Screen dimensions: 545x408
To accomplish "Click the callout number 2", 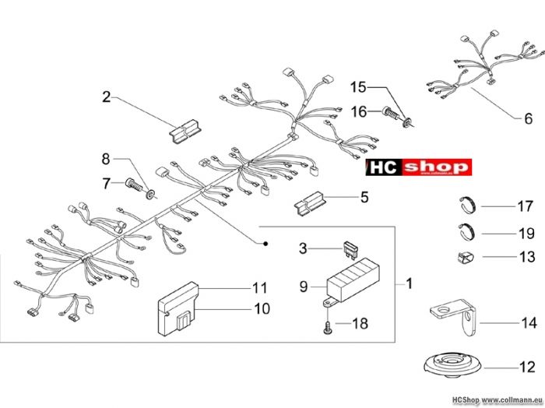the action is pyautogui.click(x=107, y=97).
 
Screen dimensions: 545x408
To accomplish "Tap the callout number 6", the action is pyautogui.click(x=528, y=118).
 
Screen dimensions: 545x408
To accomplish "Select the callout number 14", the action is pyautogui.click(x=529, y=323).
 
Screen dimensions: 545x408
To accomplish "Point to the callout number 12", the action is pyautogui.click(x=527, y=367).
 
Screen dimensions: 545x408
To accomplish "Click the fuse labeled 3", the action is pyautogui.click(x=350, y=249).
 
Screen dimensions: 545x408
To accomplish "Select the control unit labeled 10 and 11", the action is pyautogui.click(x=178, y=309).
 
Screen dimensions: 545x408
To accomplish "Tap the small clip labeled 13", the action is pyautogui.click(x=466, y=258).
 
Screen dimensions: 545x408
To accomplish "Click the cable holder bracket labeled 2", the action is pyautogui.click(x=185, y=131).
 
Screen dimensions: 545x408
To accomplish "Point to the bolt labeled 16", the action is pyautogui.click(x=391, y=114).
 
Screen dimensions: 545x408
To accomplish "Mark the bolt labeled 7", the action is pyautogui.click(x=134, y=185).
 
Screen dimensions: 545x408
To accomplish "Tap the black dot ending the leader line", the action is pyautogui.click(x=265, y=244).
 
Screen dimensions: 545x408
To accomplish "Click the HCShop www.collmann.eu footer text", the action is pyautogui.click(x=498, y=400).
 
